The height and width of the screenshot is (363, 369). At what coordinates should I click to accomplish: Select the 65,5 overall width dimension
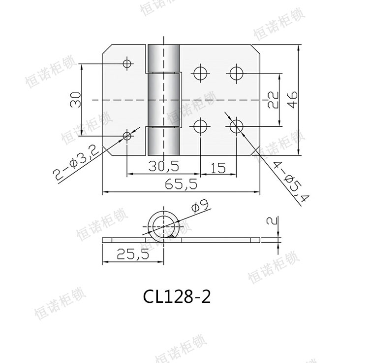[181, 184]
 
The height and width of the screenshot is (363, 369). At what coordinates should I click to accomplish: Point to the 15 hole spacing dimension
[218, 167]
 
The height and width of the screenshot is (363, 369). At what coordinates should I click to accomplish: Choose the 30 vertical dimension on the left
[75, 100]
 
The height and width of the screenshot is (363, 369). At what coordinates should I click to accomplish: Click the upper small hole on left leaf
[127, 63]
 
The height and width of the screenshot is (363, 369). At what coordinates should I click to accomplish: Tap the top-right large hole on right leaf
[236, 73]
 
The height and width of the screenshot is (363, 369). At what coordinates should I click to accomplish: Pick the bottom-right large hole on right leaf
[236, 126]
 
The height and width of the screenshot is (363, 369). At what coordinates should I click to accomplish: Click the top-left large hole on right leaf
[200, 73]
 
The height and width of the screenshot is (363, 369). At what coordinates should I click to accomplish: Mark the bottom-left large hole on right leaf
[200, 126]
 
